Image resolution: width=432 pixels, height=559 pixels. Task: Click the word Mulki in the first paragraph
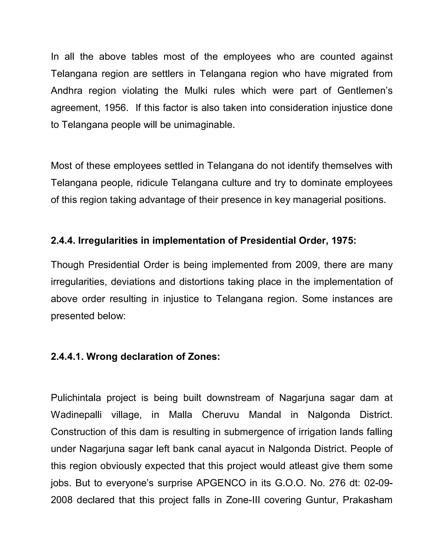pyautogui.click(x=196, y=91)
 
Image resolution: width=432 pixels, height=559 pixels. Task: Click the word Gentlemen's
pyautogui.click(x=365, y=91)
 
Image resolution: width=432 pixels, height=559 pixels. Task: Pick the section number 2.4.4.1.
pyautogui.click(x=67, y=356)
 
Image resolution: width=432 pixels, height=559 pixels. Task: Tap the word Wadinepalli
pyautogui.click(x=76, y=415)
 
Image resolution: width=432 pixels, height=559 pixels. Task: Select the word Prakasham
pyautogui.click(x=367, y=500)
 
